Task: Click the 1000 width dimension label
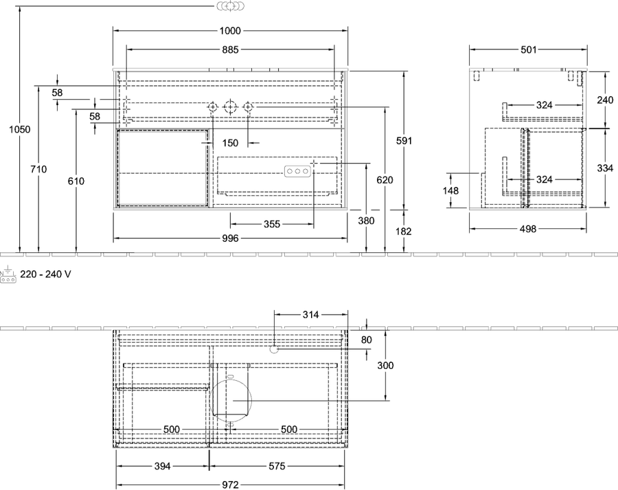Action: point(230,30)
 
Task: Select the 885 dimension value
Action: point(230,49)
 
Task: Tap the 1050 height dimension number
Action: point(20,129)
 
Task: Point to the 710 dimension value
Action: point(38,169)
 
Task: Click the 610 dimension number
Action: point(76,181)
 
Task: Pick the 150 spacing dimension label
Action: point(230,143)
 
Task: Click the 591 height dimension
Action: point(404,140)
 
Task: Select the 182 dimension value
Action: point(404,231)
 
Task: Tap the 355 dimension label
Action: point(272,224)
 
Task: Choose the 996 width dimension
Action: point(230,238)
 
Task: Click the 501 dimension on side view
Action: point(529,49)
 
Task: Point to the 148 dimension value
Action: point(450,191)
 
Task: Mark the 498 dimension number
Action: point(528,229)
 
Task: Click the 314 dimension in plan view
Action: point(310,315)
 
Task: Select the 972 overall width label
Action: point(230,485)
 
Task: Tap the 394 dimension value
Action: point(162,467)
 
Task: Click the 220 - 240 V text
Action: point(46,274)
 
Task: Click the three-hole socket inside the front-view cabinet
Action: point(297,171)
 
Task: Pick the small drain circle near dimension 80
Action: point(274,348)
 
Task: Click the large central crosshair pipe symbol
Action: point(230,107)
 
